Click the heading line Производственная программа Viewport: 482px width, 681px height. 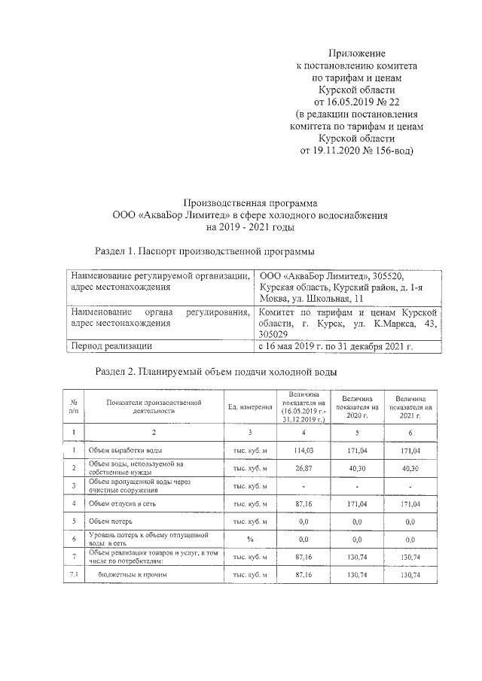pos(251,202)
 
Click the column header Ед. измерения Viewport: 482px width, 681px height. pos(250,407)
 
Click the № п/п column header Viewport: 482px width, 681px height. pos(74,407)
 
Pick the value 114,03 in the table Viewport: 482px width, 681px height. pos(303,449)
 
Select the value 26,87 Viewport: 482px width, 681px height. pos(303,467)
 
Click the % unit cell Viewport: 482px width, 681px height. pos(250,539)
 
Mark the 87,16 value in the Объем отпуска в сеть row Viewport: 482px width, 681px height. pos(303,503)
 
